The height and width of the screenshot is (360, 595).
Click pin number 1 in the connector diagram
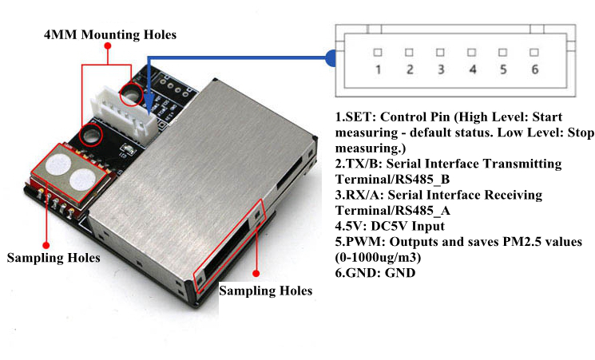[378, 69]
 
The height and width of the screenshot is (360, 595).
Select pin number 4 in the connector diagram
[473, 69]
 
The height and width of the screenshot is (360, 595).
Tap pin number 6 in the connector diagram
[534, 69]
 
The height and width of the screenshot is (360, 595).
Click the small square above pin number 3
[440, 52]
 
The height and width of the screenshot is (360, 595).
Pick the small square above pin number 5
[503, 52]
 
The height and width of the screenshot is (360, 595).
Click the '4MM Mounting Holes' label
[110, 35]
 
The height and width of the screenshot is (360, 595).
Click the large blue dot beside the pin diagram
[331, 58]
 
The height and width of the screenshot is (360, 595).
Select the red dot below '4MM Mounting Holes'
[108, 45]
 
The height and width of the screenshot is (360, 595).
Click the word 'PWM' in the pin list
[363, 242]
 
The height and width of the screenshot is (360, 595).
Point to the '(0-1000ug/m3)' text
[378, 258]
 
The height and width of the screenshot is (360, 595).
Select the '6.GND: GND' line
[375, 273]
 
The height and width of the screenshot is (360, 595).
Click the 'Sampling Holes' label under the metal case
[266, 291]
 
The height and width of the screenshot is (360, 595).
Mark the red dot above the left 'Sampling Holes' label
[46, 245]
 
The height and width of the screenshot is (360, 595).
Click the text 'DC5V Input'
[407, 226]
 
